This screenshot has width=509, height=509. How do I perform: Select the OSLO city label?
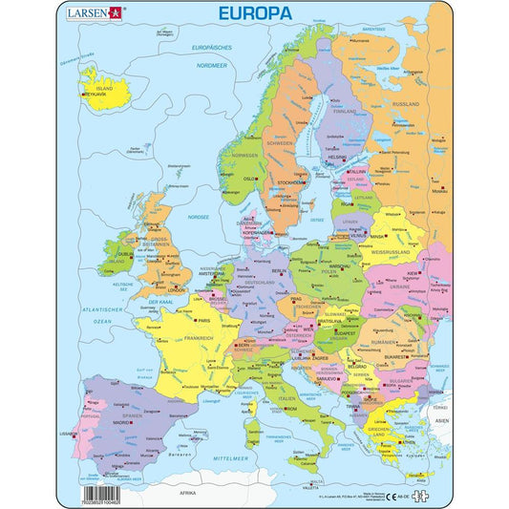tap(249, 178)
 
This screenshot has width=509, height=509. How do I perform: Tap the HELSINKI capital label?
tap(336, 158)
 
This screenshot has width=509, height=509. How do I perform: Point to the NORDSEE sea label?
tap(199, 217)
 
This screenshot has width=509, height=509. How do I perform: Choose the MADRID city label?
tap(121, 421)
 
